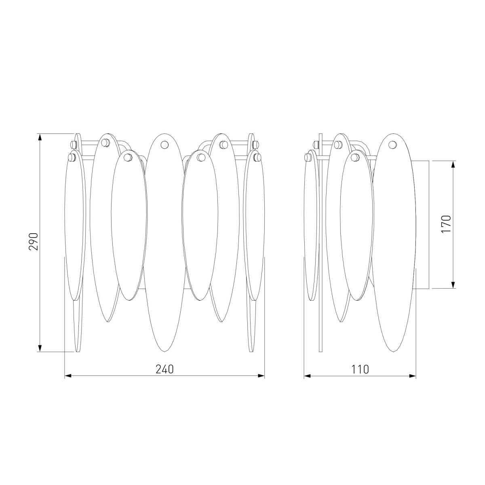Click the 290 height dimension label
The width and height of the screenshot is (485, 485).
(x=34, y=242)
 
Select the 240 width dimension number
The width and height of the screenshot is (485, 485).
(x=164, y=369)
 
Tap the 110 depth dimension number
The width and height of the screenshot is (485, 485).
(x=360, y=369)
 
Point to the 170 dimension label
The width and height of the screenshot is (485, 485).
(x=446, y=224)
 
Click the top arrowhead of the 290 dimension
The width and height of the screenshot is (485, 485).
(x=40, y=137)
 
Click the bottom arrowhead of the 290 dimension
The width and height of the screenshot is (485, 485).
(x=40, y=348)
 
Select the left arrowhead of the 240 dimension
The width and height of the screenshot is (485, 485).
(x=68, y=376)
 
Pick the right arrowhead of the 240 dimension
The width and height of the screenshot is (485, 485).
(x=261, y=376)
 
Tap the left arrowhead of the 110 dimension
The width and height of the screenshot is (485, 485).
(x=308, y=376)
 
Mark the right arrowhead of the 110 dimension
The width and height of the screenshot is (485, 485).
(x=412, y=376)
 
